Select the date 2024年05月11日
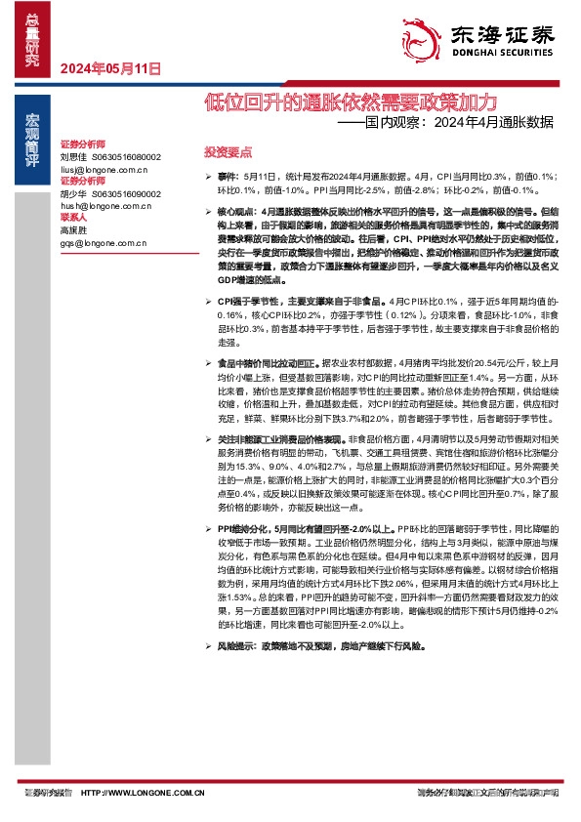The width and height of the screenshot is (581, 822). pos(109,69)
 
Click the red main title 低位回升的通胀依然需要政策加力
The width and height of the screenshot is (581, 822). pos(351,103)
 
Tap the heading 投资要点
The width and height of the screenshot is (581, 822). pos(228,152)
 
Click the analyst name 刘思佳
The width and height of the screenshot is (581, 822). pos(73,156)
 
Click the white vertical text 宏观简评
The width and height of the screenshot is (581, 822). pos(32,139)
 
